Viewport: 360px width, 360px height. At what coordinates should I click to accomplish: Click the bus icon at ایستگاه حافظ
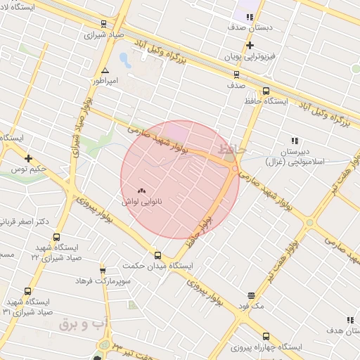coord(266,91)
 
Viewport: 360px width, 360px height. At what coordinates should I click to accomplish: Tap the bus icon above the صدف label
coord(236,74)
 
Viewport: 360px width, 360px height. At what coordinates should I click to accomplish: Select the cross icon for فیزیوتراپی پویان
coord(250,45)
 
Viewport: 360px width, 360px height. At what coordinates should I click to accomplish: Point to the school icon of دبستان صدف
coord(250,18)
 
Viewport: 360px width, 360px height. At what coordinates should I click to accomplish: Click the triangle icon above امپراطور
coord(105,71)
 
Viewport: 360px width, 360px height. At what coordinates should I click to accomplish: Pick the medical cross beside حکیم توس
coord(28,158)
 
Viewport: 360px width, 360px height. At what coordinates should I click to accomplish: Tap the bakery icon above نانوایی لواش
coord(142,191)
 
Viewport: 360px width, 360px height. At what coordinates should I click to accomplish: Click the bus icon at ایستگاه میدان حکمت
coord(157,256)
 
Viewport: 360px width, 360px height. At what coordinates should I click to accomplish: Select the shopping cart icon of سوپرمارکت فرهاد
coord(103,270)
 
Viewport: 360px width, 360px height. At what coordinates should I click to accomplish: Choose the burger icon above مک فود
coord(251,296)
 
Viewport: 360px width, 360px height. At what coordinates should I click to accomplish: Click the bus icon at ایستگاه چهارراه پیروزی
coord(266,336)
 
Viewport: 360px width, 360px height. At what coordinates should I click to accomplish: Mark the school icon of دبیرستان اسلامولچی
coord(294,141)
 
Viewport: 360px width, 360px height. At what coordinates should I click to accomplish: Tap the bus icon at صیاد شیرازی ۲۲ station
coord(56,238)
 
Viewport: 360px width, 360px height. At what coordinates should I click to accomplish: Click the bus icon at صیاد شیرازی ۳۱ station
coord(27,292)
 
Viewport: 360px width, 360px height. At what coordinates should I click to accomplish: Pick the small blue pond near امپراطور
coord(124,60)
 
